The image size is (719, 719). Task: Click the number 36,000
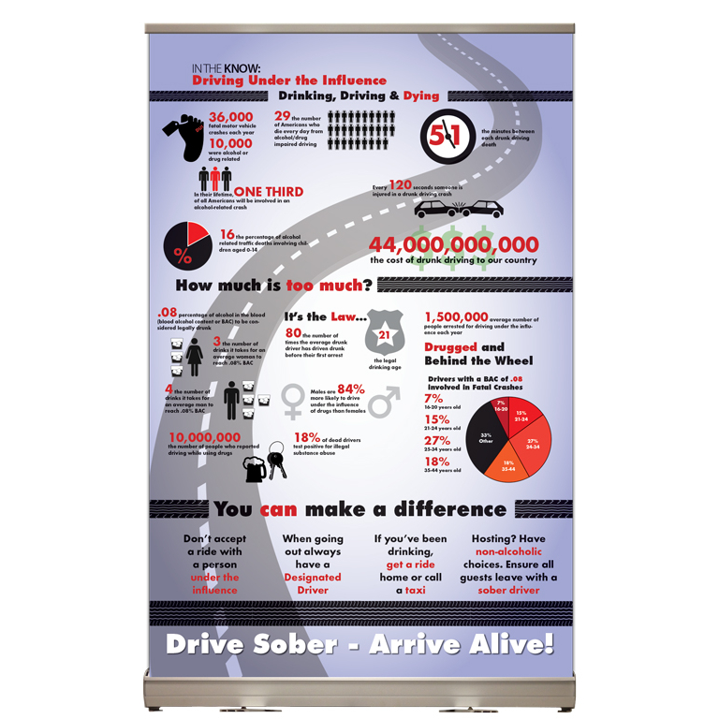218,116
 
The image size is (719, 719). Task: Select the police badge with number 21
385,332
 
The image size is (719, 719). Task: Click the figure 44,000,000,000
454,245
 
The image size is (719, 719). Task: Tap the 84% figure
350,389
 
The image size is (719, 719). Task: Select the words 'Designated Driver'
312,583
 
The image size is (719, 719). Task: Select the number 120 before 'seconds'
400,185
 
